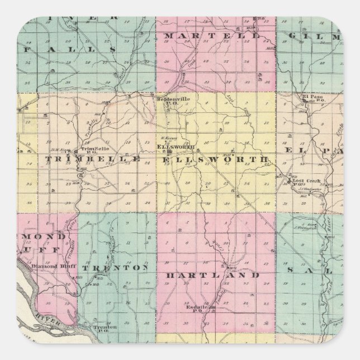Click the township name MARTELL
pos(213,36)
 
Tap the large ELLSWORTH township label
pos(215,160)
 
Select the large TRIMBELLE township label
pos(92,159)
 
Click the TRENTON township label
pos(115,268)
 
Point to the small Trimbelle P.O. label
pos(90,150)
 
